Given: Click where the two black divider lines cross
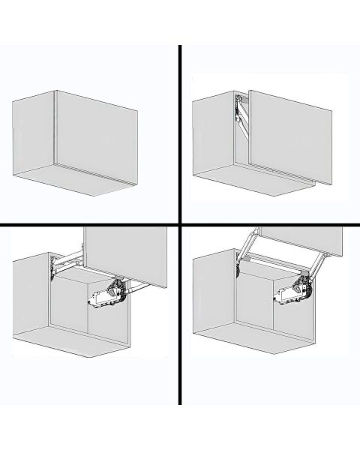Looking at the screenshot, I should pyautogui.click(x=180, y=225).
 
